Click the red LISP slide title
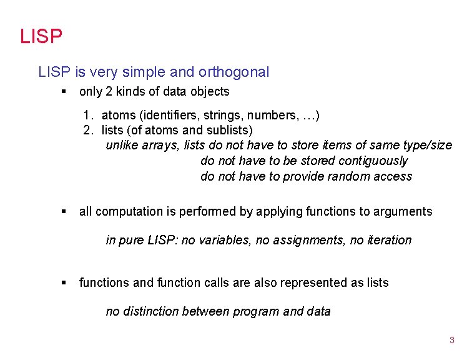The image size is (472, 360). click(x=41, y=36)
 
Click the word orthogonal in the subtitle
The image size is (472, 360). click(x=234, y=72)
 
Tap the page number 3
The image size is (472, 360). click(x=451, y=341)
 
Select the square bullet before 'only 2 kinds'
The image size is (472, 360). click(x=63, y=92)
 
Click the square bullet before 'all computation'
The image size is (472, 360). click(x=63, y=212)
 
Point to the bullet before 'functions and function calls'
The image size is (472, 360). click(x=63, y=283)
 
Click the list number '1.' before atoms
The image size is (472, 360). click(x=89, y=116)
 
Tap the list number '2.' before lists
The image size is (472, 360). click(x=89, y=130)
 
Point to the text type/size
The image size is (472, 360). click(x=426, y=145)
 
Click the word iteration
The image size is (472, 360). click(x=388, y=240)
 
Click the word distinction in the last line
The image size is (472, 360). click(x=150, y=311)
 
